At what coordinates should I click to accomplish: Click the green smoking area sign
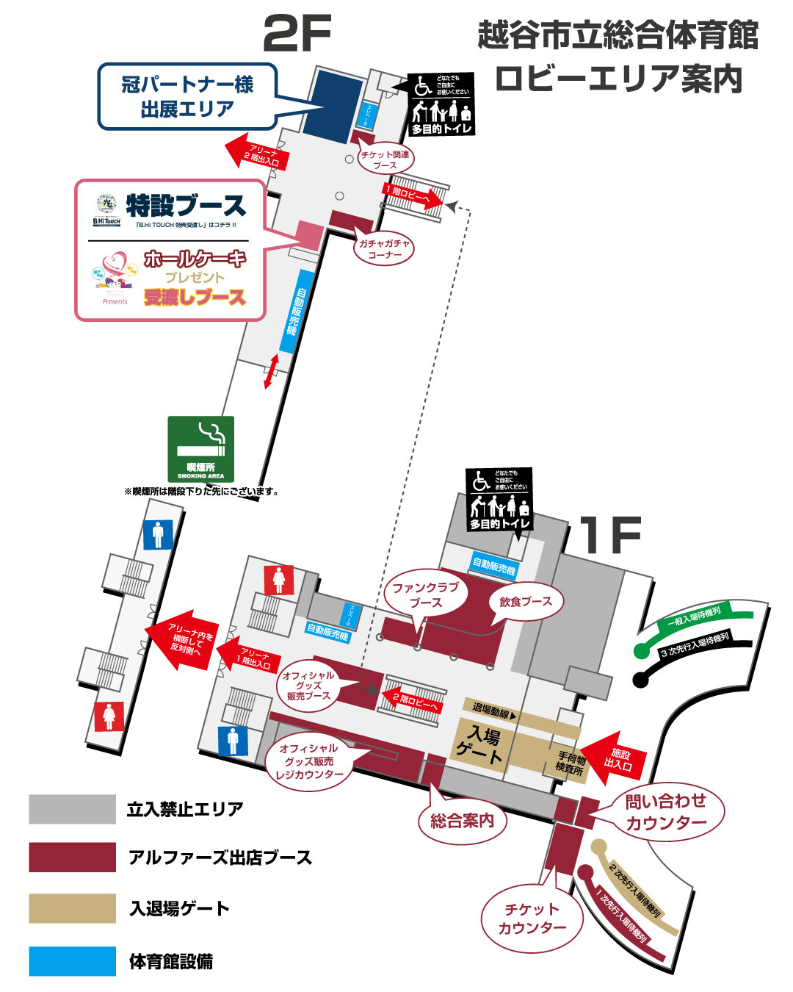point(200,449)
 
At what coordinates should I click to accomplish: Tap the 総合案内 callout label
point(462,821)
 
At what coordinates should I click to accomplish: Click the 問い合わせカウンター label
point(666,812)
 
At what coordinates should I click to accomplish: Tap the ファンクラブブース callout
point(425,594)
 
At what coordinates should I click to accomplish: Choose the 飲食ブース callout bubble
point(526,602)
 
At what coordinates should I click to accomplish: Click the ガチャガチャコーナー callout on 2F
point(385,249)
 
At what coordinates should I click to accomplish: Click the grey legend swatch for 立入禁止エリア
point(72,809)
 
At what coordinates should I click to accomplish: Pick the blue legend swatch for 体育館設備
point(72,961)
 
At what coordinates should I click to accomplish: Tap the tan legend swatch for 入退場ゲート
point(72,908)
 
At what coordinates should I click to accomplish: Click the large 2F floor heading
point(297,33)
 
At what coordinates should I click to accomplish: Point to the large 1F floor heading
point(611,535)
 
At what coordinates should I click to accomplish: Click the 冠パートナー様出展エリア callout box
point(187,96)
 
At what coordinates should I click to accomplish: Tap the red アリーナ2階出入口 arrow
point(258,153)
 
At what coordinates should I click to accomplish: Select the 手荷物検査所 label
point(571,763)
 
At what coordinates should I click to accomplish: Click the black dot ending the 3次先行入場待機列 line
point(640,680)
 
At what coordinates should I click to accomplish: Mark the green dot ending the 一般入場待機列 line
point(641,650)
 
